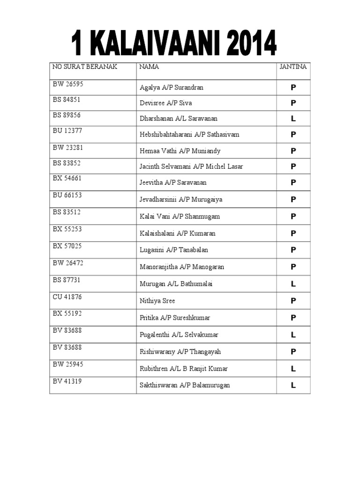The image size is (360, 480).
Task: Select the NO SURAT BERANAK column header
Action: pos(85,67)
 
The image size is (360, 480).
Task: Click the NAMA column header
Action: pos(149,67)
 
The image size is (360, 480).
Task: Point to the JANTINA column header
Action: pos(293,67)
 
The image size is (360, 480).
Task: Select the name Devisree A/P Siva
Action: pos(166,103)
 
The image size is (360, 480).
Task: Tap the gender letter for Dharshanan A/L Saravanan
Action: pos(293,119)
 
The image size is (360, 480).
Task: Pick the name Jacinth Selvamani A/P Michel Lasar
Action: pos(191,166)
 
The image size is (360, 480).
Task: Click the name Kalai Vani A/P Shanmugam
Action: pos(180,217)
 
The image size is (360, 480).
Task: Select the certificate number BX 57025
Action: pos(68,246)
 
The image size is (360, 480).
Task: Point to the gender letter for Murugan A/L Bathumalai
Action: pos(293,284)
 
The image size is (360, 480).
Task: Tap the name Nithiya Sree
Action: pos(157,301)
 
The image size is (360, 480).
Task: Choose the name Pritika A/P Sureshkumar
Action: pos(175,318)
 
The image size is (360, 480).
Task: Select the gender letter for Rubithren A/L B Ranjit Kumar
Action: pos(293,369)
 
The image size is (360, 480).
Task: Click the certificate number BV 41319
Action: pos(68,381)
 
